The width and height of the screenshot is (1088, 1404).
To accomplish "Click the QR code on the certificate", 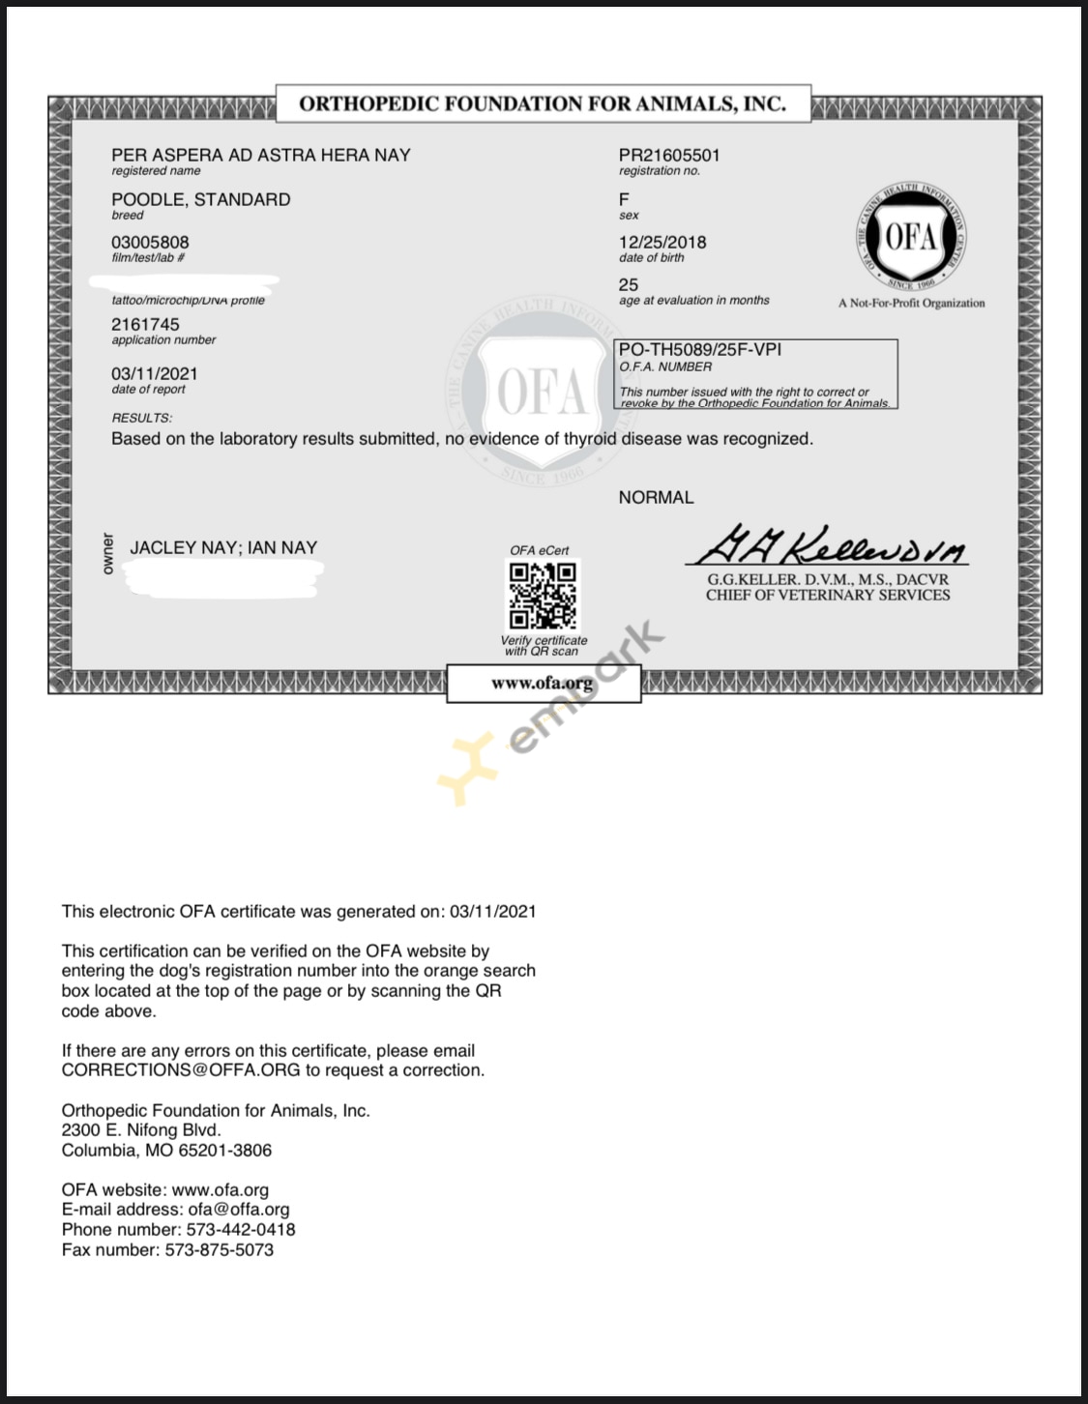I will click(x=543, y=596).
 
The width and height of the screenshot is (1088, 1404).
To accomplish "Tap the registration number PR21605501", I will click(x=669, y=155).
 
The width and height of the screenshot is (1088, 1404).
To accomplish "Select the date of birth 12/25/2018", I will click(x=662, y=242).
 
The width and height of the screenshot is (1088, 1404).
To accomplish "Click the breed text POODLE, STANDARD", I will click(x=200, y=199).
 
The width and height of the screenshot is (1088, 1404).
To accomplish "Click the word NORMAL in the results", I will click(x=656, y=497).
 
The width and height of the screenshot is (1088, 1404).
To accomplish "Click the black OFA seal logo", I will click(x=910, y=236).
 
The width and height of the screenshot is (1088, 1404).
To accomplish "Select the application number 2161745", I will click(x=145, y=324).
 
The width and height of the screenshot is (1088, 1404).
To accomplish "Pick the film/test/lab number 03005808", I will click(x=150, y=242).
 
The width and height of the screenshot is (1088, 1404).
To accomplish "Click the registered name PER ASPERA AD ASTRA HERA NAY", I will click(x=260, y=155).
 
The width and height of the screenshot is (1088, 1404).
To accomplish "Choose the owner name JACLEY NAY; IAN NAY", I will click(x=223, y=547).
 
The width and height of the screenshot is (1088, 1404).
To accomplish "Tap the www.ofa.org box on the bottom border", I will click(x=543, y=683).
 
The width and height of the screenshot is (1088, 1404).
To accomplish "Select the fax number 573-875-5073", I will click(x=220, y=1250).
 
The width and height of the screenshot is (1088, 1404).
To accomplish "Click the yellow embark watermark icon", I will click(x=468, y=770).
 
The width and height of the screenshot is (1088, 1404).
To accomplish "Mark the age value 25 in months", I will click(x=629, y=284).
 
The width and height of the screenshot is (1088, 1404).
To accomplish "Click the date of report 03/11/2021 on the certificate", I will click(x=154, y=373).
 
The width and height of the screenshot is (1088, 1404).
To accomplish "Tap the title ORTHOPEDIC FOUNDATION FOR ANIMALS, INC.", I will click(x=543, y=103).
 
